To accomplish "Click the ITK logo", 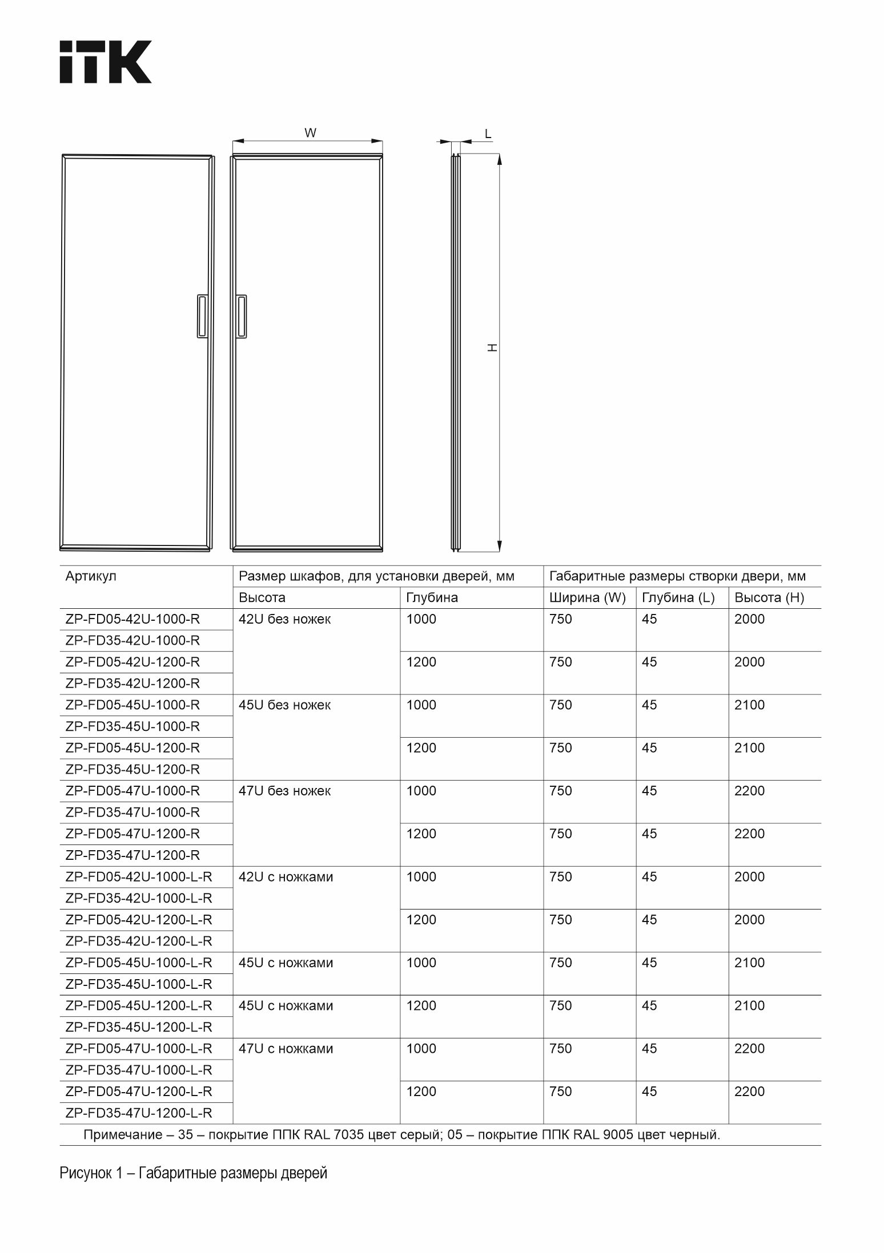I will click(106, 62).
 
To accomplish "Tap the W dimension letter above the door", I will click(310, 134).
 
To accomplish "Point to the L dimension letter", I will click(488, 134).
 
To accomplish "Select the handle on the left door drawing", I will click(202, 317).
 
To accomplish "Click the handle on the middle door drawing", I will click(242, 317).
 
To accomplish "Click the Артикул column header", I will click(91, 576).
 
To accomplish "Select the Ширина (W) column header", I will click(587, 598).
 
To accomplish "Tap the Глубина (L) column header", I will click(678, 598).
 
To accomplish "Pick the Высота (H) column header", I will click(769, 598).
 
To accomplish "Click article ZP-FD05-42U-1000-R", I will click(132, 619).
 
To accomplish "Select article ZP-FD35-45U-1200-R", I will click(132, 769).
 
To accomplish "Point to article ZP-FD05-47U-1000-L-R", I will click(139, 1048).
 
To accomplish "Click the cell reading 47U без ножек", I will click(284, 791).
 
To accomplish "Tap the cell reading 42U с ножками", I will click(286, 877).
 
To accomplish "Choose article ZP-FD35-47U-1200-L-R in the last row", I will click(139, 1113).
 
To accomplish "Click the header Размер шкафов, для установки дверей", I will click(376, 576).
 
